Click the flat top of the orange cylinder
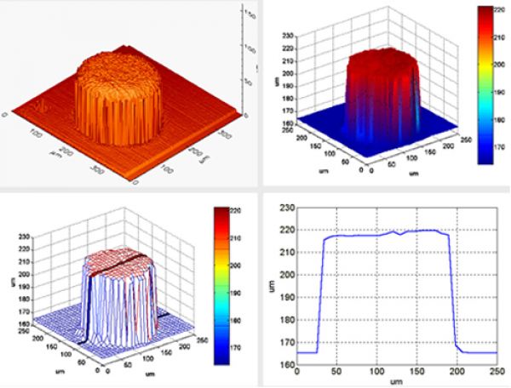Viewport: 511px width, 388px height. point(119,66)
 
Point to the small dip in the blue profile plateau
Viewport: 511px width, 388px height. point(401,234)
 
